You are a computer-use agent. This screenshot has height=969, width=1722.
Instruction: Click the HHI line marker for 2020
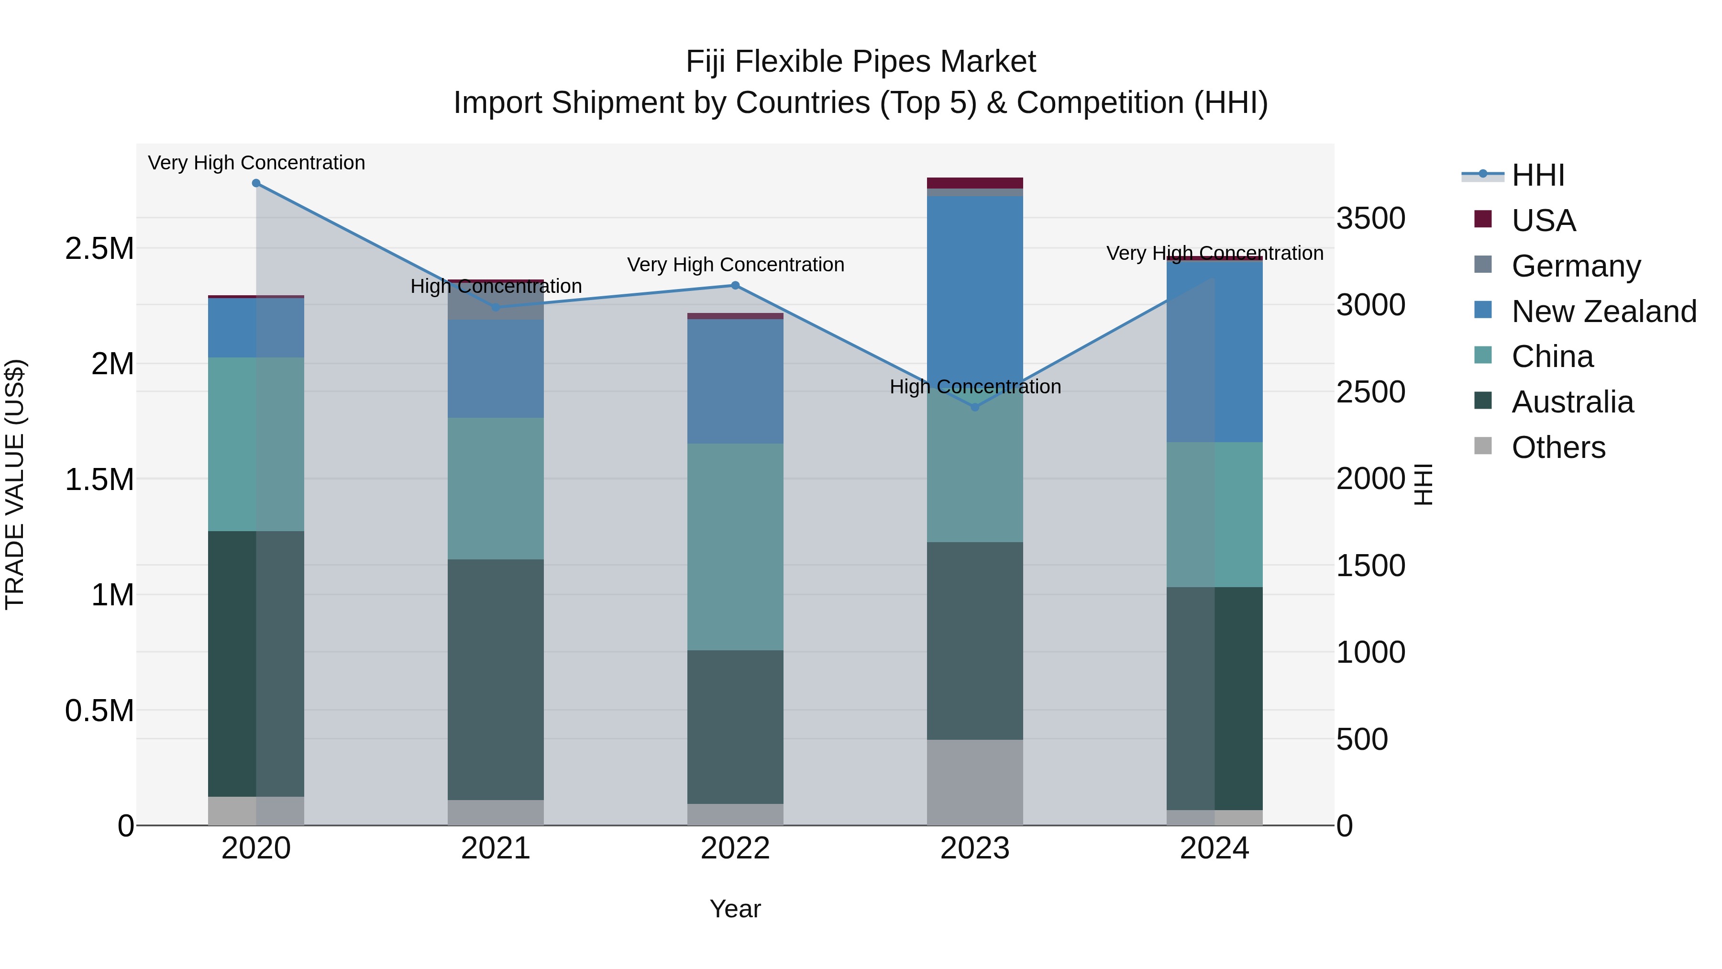[x=256, y=183]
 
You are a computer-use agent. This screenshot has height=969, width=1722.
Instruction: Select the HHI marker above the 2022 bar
[x=735, y=286]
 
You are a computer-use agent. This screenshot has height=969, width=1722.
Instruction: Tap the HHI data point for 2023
[x=975, y=407]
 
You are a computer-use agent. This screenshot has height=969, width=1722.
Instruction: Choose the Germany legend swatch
[x=1483, y=265]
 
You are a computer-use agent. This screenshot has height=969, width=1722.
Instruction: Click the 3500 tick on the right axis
[x=1370, y=219]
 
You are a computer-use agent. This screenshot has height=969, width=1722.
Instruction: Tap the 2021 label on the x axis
[x=496, y=848]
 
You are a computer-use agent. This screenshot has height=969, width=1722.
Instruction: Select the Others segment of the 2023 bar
[x=975, y=782]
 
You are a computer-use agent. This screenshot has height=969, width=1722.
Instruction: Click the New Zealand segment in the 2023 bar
[x=975, y=288]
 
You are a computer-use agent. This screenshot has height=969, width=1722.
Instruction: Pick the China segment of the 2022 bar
[x=735, y=546]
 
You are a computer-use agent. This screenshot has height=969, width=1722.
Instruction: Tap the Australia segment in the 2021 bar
[x=496, y=679]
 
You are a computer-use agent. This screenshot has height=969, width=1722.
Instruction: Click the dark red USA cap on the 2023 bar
[x=975, y=183]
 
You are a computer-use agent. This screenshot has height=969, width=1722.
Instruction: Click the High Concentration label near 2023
[x=975, y=387]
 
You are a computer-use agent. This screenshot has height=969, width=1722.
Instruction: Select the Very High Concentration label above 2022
[x=735, y=265]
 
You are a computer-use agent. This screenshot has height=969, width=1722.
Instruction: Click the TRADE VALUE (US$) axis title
[x=15, y=484]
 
